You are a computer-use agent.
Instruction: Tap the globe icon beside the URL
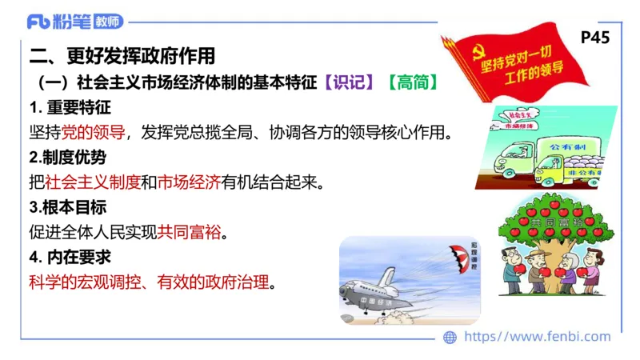click(x=450, y=338)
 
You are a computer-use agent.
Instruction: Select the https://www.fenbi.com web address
click(x=537, y=338)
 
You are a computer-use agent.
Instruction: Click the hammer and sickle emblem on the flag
click(x=470, y=54)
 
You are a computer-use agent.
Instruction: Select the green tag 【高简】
click(x=413, y=82)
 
